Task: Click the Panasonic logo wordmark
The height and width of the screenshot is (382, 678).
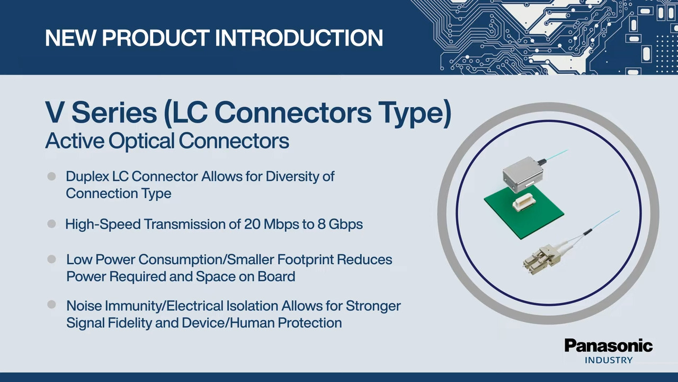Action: [x=609, y=346]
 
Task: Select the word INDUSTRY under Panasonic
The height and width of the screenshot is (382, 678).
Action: [x=609, y=360]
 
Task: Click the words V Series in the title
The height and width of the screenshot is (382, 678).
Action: [x=101, y=112]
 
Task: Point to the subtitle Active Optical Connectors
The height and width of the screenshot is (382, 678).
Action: [x=167, y=141]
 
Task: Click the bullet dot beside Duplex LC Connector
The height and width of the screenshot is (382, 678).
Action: [x=51, y=177]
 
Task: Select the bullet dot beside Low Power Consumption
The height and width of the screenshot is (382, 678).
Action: [x=51, y=259]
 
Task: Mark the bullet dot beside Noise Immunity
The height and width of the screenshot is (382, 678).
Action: [x=51, y=305]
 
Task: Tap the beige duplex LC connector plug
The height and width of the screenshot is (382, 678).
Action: [x=540, y=257]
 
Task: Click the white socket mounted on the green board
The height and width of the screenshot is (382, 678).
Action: [x=524, y=204]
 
